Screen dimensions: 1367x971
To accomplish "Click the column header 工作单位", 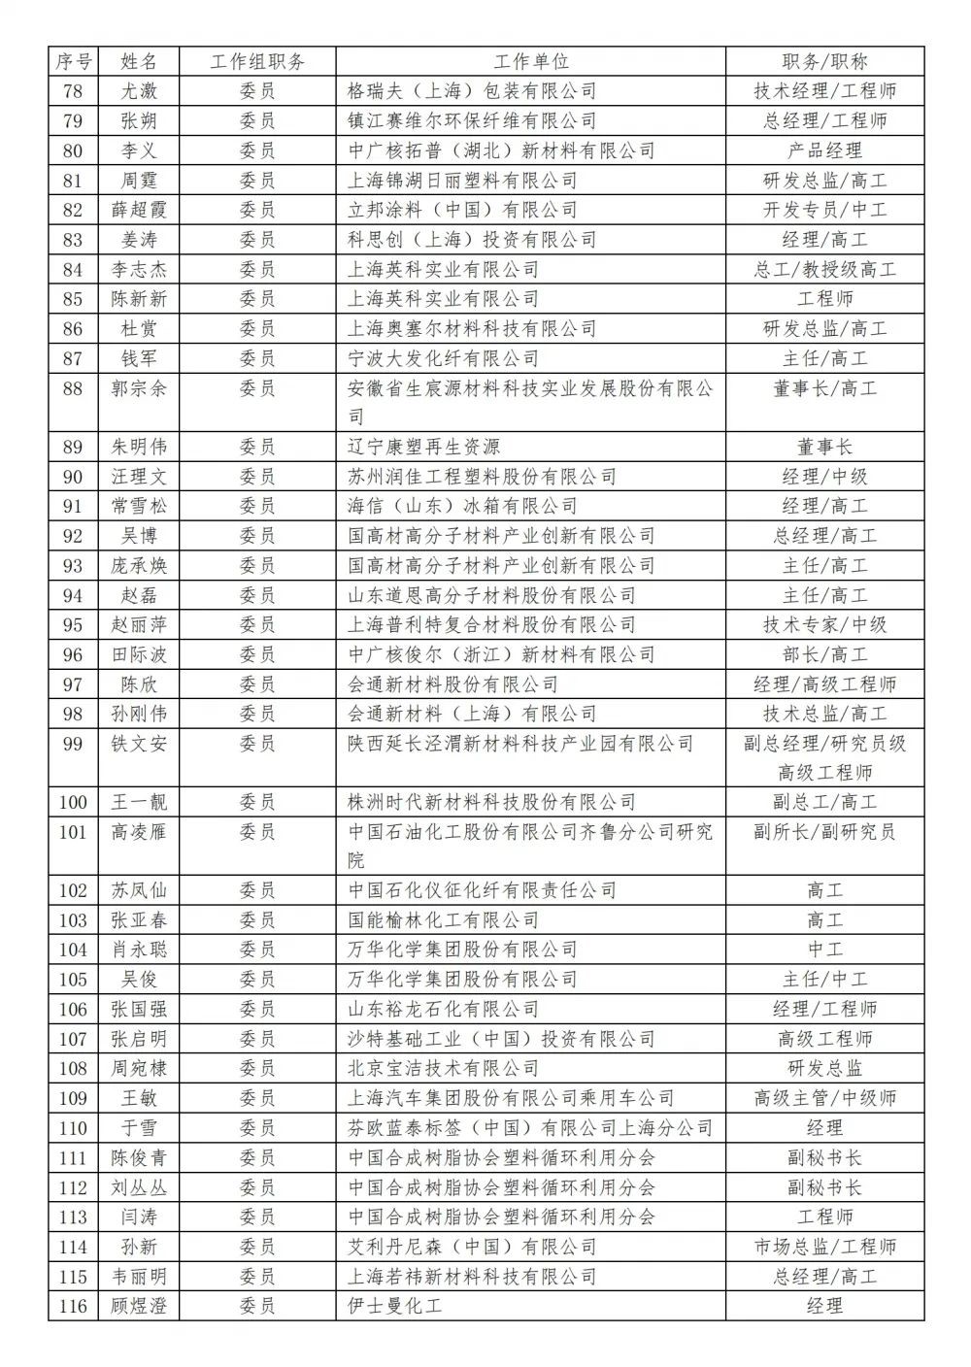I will click(x=530, y=61).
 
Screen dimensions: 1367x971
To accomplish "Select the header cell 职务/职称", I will click(x=824, y=61).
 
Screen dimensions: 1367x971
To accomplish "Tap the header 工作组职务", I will click(x=257, y=61).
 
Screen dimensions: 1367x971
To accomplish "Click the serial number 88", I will click(x=73, y=388).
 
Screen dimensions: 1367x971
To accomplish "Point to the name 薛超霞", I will click(x=139, y=210).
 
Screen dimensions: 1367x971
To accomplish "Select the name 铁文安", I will click(x=139, y=744).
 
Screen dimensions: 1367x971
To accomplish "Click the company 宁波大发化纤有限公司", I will click(x=443, y=358).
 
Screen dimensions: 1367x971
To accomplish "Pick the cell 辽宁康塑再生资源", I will click(x=423, y=447).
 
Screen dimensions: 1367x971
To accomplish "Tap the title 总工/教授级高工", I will click(x=824, y=269).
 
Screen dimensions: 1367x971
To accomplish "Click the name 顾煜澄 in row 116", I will click(x=139, y=1306).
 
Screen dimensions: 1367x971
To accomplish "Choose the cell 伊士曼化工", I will click(x=394, y=1306).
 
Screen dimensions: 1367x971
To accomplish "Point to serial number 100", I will click(x=73, y=802).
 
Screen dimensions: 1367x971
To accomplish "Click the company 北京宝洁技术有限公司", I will click(x=443, y=1068).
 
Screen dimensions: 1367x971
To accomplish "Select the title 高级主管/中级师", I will click(x=824, y=1098).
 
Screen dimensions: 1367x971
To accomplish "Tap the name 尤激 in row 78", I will click(x=139, y=91).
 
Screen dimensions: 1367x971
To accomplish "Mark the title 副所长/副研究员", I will click(x=824, y=832).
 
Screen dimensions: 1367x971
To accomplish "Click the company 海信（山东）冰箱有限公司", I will click(x=462, y=506).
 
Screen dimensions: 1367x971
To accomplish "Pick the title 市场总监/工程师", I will click(x=824, y=1247).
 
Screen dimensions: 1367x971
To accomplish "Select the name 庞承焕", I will click(x=139, y=565).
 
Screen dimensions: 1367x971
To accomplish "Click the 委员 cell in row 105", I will click(x=257, y=979).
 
